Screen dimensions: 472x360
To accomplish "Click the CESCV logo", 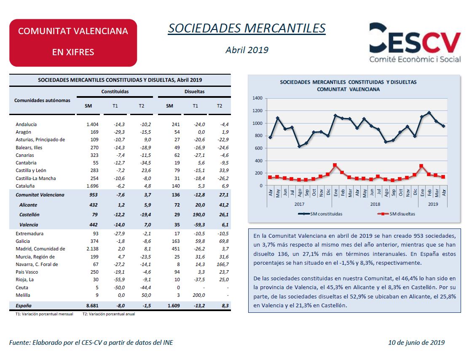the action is coord(415,43).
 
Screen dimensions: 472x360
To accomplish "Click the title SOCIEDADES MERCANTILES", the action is coord(247,28).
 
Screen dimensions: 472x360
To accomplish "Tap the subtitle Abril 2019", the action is coord(247,50).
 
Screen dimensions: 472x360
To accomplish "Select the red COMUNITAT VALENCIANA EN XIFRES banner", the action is coord(73,43).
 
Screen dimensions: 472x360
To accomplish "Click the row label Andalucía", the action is coord(26,124).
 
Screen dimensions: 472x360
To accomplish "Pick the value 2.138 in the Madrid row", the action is coord(92,249).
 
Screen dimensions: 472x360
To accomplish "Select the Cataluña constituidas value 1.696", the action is coord(92,186).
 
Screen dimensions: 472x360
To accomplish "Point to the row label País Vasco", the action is coord(27,272).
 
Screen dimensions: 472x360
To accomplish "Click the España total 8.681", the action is coord(92,306).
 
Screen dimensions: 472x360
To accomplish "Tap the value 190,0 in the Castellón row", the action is coord(198,215).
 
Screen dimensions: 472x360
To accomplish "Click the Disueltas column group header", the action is coord(194,91).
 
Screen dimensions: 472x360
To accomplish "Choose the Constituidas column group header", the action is coord(115,91).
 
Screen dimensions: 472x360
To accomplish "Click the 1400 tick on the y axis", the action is coord(257,98).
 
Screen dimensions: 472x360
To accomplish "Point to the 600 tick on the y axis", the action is coord(259,148).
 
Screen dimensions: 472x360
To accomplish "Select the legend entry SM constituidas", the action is coord(320,214).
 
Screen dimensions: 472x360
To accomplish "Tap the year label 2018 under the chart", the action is coord(375,204).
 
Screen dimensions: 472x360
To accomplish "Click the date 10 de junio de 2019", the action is coord(416,343).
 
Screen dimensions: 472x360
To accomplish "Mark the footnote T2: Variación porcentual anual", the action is coord(109,314).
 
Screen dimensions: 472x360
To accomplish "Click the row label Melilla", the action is coord(23,295).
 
